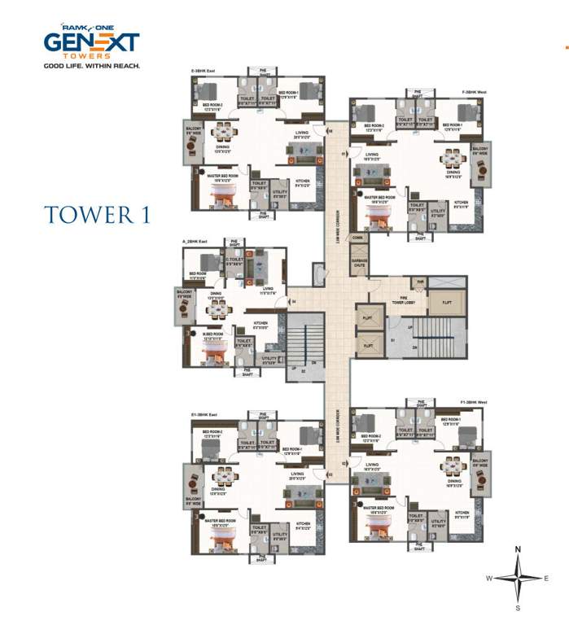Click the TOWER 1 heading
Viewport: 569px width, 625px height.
coord(97,214)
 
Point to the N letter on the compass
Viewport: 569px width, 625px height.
coord(518,551)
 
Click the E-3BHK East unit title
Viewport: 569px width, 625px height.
coord(204,72)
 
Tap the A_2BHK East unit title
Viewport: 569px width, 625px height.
coord(196,242)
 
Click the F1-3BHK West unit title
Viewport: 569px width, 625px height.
coord(473,402)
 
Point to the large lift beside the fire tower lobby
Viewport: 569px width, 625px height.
coord(447,301)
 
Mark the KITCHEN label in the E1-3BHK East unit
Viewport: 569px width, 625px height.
coord(303,524)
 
